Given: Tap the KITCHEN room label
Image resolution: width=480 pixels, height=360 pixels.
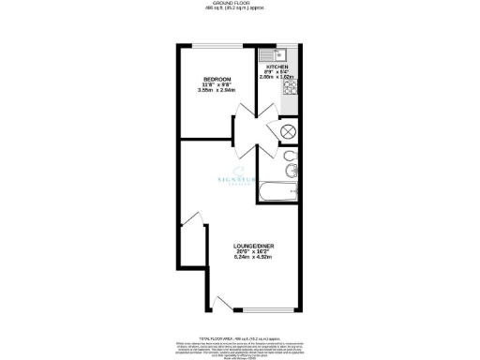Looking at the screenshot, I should click(x=277, y=67).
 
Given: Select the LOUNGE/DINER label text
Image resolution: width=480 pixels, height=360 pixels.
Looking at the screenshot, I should click(x=253, y=247).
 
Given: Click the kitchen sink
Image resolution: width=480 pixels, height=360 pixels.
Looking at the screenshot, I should click(x=287, y=53).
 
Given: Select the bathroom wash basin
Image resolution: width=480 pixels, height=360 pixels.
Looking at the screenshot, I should click(x=291, y=171).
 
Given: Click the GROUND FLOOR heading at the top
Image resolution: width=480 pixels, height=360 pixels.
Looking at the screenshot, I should click(x=240, y=5).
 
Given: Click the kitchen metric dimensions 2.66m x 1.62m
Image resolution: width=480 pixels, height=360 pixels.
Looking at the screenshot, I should click(x=278, y=78).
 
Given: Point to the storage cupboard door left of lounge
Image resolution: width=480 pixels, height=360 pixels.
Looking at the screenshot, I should click(x=191, y=221).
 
